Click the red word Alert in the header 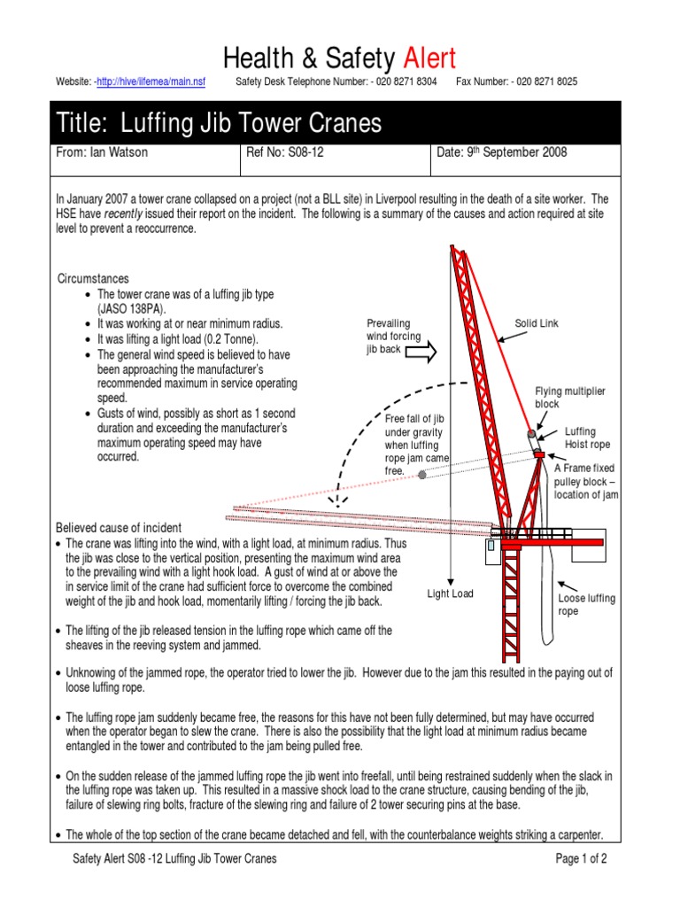[429, 58]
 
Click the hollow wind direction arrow [420, 352]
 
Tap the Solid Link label [537, 324]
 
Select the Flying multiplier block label [564, 398]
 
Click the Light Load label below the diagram [451, 593]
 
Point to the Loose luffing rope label [586, 605]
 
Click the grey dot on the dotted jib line [422, 475]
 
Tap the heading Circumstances [93, 279]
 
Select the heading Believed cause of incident [119, 528]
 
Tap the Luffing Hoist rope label [587, 438]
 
